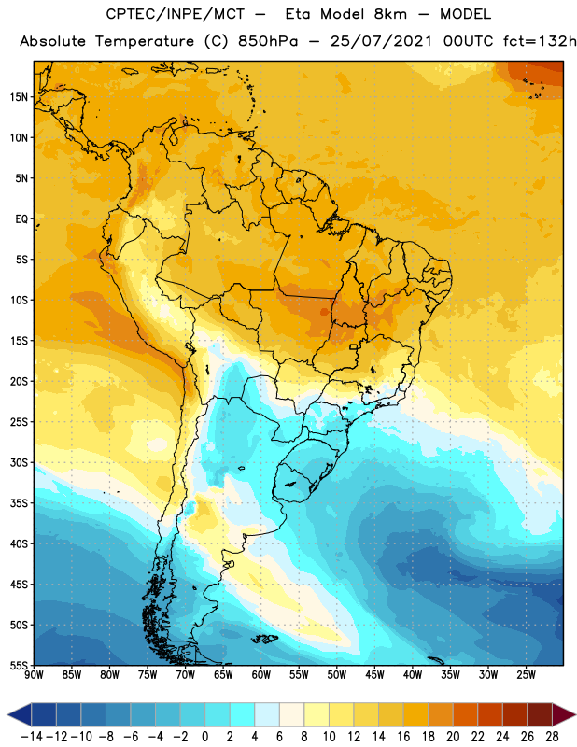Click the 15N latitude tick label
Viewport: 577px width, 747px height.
[20, 97]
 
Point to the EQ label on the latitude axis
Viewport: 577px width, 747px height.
[21, 219]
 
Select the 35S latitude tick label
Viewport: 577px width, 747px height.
[20, 503]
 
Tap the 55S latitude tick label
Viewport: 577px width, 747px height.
[20, 666]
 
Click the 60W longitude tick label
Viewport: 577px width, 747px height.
[261, 675]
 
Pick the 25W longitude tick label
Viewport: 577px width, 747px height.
[526, 675]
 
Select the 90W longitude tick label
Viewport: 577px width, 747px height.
[34, 675]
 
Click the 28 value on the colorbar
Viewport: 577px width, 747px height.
[552, 737]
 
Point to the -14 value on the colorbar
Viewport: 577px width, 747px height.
[32, 737]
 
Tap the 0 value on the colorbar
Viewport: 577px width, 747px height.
[204, 737]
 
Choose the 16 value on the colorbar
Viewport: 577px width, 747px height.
[403, 737]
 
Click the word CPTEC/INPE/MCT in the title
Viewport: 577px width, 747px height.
[176, 14]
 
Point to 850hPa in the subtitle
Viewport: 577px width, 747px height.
[268, 41]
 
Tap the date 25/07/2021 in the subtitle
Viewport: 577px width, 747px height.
[381, 41]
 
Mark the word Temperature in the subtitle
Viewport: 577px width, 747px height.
[145, 42]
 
